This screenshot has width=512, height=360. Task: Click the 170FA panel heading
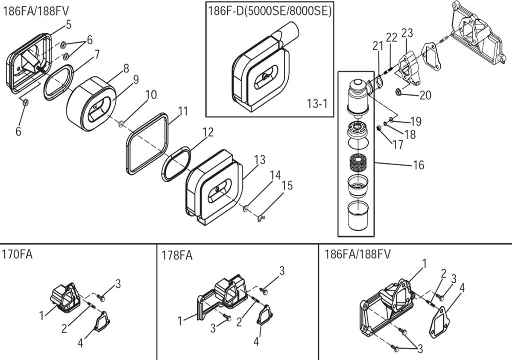point(18,255)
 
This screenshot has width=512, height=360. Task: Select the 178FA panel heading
point(177,255)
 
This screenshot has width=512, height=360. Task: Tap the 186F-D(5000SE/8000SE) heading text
point(269,11)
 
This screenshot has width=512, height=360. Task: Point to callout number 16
point(418,165)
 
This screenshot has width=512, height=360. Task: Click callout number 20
point(425,95)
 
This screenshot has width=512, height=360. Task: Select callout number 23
point(407,33)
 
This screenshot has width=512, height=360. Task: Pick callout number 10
point(151,95)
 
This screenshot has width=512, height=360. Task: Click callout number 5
point(68,25)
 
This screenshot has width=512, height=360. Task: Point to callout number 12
point(207,132)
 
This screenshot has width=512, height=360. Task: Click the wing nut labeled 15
point(260,218)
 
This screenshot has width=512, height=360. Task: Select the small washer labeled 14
point(246,208)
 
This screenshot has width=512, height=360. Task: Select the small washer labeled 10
point(121,123)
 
